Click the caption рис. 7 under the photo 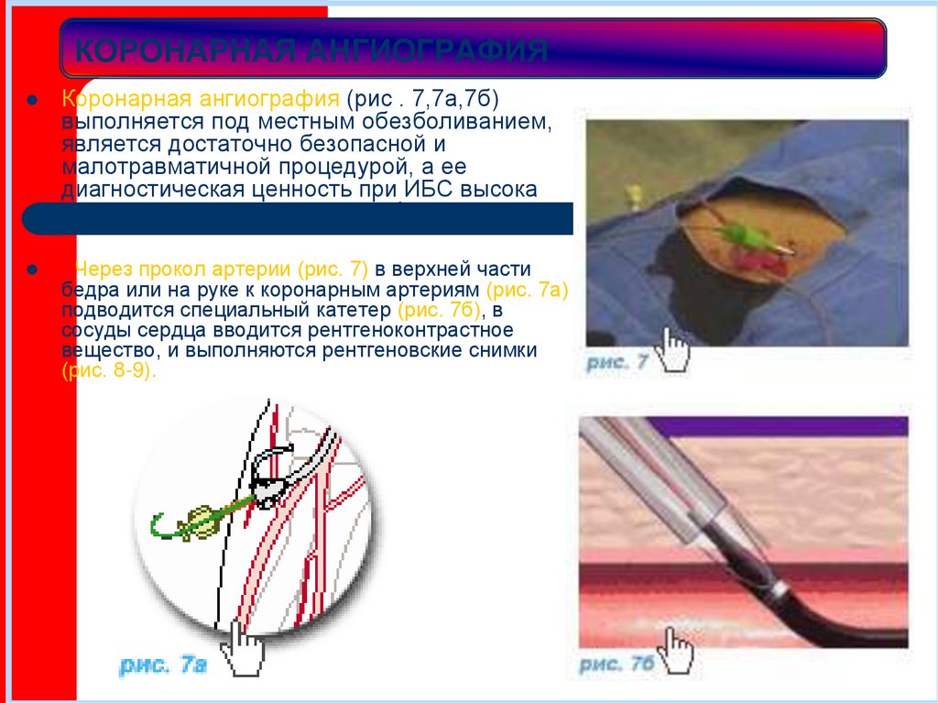tap(617, 362)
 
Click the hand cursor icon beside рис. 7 tap(676, 350)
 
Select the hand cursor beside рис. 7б tap(679, 652)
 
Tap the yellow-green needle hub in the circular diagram tap(196, 522)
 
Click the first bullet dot tap(30, 99)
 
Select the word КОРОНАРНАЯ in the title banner tap(180, 50)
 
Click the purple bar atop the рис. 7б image tap(779, 425)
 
